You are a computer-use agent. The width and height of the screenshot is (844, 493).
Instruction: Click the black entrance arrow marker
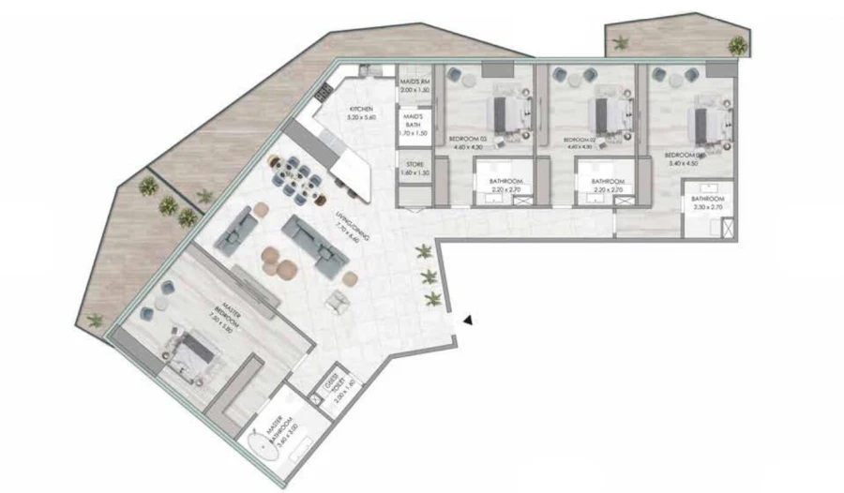click(x=467, y=321)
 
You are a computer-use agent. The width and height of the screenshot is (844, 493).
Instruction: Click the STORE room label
click(x=414, y=170)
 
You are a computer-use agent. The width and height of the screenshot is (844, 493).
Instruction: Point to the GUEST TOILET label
click(x=331, y=382)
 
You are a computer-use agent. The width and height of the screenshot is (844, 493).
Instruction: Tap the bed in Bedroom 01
click(x=704, y=119)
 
